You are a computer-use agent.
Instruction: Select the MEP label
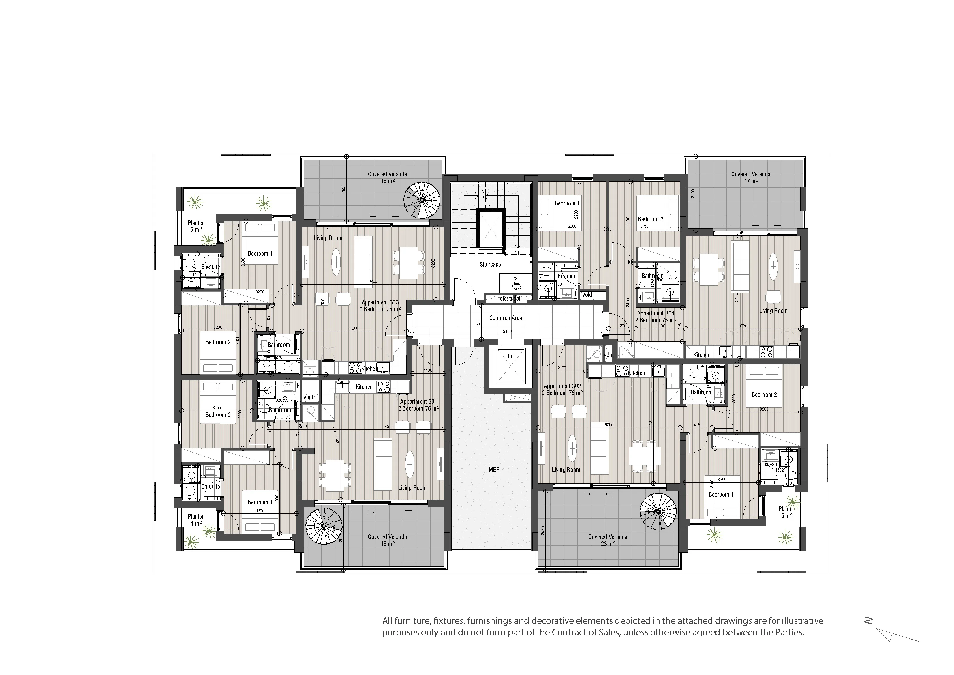tap(494, 470)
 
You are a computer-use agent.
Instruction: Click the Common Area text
tap(505, 318)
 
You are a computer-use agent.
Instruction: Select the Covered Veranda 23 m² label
tap(607, 540)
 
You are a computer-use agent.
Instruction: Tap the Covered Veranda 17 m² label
tap(750, 177)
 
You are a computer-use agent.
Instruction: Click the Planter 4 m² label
tap(195, 520)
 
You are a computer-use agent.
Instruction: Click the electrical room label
tap(510, 299)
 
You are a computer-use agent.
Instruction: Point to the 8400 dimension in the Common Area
tap(507, 332)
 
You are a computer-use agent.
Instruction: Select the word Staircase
tap(490, 265)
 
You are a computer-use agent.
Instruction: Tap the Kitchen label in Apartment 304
tap(702, 355)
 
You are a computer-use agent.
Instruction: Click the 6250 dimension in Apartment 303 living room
tap(373, 282)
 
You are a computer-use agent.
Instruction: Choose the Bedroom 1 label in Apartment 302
tap(721, 495)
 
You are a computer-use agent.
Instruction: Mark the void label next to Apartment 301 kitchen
tap(308, 397)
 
